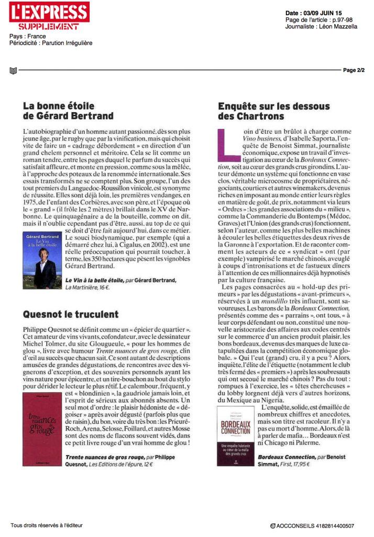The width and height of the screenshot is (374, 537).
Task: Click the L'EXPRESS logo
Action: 49,12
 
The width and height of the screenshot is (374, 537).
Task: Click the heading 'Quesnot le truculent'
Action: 71,315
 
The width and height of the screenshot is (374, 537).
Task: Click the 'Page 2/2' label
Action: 354,70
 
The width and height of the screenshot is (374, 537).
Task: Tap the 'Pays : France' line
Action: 28,37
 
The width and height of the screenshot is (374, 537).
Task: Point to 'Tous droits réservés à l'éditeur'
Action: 47,525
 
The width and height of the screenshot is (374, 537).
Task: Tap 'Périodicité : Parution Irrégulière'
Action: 51,42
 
